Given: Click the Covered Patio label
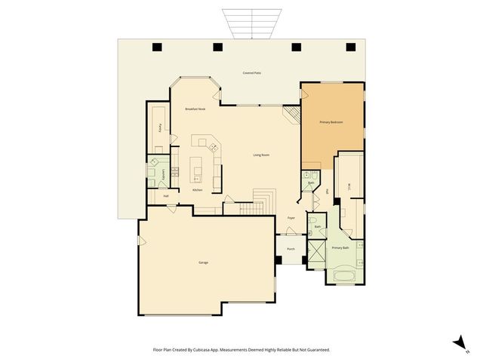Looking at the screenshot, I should (x=252, y=73).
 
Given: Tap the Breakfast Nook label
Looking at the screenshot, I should (x=195, y=109).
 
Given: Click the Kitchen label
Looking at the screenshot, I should (x=198, y=190).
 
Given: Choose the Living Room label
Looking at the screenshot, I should (x=261, y=155).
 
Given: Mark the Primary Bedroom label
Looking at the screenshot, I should (x=331, y=121).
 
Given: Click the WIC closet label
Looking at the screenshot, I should (x=348, y=186).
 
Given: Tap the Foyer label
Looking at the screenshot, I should (x=291, y=218).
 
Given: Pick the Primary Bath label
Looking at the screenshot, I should (x=340, y=247).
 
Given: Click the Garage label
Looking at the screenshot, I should (x=204, y=262).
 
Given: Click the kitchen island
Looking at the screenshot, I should (x=198, y=167).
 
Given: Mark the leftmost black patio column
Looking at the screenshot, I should (x=157, y=48).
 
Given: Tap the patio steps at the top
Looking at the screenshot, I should (x=246, y=23).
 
